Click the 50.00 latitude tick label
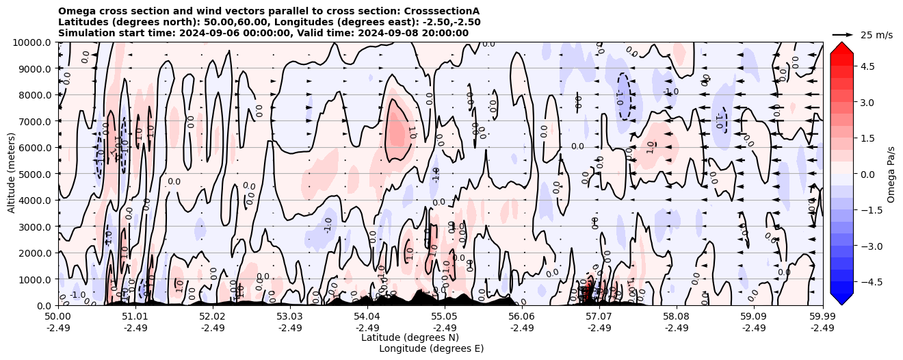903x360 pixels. click(58, 317)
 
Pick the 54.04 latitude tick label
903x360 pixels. click(367, 317)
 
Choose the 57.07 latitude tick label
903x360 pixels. click(599, 317)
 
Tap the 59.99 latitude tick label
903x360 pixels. click(822, 317)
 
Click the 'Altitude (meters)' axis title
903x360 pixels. click(12, 174)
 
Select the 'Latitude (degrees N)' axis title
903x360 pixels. click(410, 337)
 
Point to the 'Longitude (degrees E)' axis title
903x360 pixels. click(431, 348)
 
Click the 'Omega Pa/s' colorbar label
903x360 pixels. click(891, 174)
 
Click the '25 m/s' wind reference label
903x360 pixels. click(876, 35)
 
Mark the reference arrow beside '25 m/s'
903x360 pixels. click(843, 34)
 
